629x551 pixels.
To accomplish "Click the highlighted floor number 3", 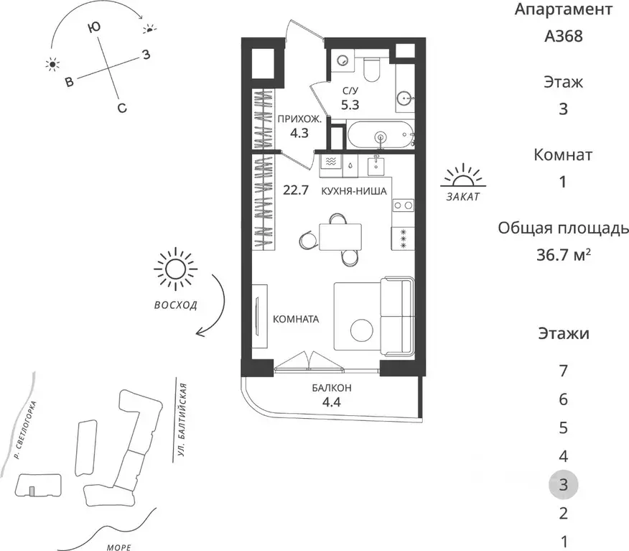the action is pyautogui.click(x=563, y=485).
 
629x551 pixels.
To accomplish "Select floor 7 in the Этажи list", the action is pyautogui.click(x=563, y=371).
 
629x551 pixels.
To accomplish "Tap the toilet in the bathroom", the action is pyautogui.click(x=372, y=69).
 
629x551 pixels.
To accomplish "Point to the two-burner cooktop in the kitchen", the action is pyautogui.click(x=403, y=205).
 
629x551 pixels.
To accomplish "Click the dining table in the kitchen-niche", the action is pyautogui.click(x=340, y=236).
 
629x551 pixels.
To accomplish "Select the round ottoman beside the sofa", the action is pyautogui.click(x=362, y=330).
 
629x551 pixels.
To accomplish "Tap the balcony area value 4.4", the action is pyautogui.click(x=332, y=402).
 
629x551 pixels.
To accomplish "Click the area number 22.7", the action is pyautogui.click(x=296, y=190).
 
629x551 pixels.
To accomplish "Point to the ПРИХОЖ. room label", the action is pyautogui.click(x=299, y=119).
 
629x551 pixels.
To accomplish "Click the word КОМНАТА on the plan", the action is pyautogui.click(x=296, y=319).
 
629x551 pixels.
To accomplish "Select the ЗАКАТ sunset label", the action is pyautogui.click(x=463, y=197).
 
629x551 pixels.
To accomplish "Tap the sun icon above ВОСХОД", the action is pyautogui.click(x=175, y=268).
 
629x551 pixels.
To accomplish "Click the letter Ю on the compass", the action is pyautogui.click(x=94, y=27).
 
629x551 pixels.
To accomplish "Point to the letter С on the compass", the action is pyautogui.click(x=122, y=108).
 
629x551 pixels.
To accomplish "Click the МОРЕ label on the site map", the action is pyautogui.click(x=119, y=547).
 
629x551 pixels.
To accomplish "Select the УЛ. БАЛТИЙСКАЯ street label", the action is pyautogui.click(x=182, y=421).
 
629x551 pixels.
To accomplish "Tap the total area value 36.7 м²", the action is pyautogui.click(x=564, y=254).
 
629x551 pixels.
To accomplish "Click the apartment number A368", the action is pyautogui.click(x=563, y=36).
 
